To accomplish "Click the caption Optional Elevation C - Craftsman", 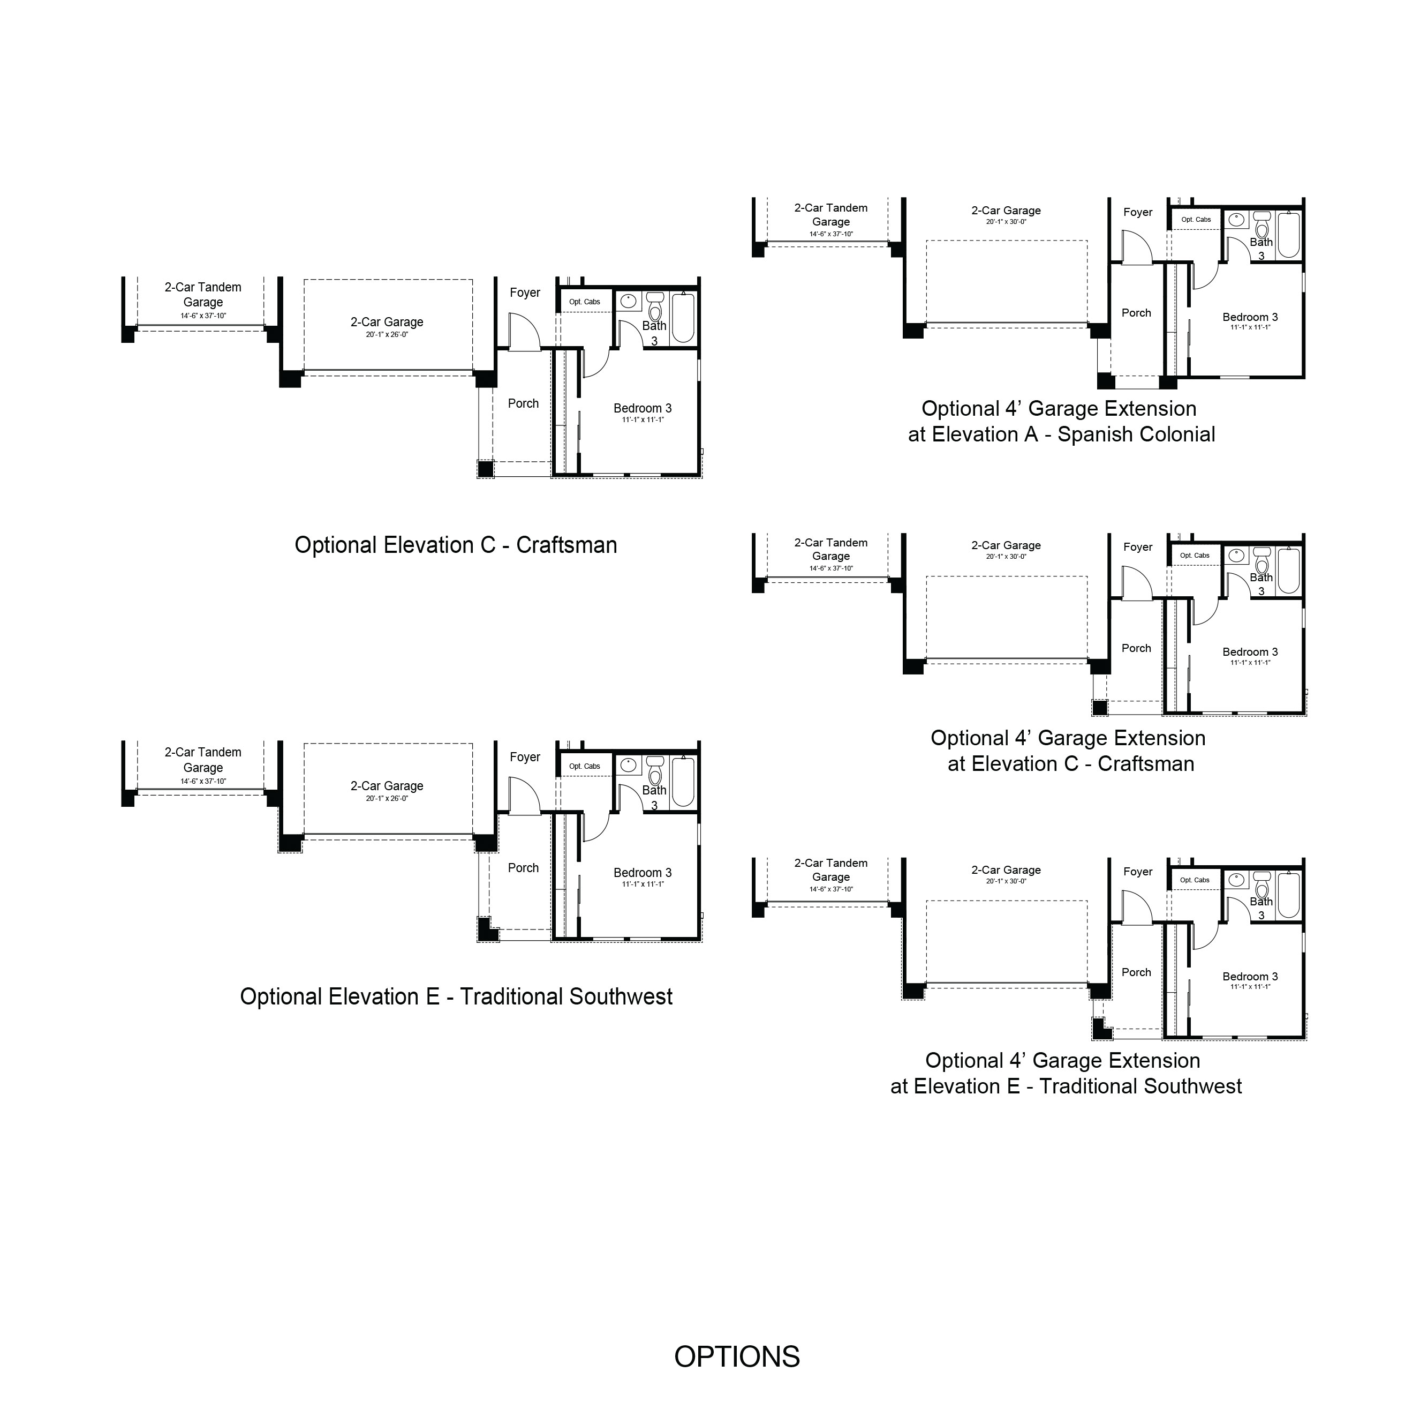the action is (x=456, y=545).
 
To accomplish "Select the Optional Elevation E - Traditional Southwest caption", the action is (x=456, y=996).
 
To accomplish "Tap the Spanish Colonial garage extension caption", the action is (x=1061, y=421).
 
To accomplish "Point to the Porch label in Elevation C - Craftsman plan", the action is (x=523, y=404).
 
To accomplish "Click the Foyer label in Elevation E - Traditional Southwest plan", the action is (x=525, y=758).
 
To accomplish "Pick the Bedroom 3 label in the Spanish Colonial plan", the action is (x=1250, y=317).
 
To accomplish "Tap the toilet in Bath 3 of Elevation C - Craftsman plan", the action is (x=655, y=306).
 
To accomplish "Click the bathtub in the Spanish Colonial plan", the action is (x=1289, y=235).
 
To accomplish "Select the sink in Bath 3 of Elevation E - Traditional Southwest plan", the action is (x=629, y=765).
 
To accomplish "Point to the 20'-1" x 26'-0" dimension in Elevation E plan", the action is (x=387, y=799).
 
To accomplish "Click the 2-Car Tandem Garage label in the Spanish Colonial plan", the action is (x=830, y=215).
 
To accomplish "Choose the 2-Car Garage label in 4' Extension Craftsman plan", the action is (x=1006, y=545).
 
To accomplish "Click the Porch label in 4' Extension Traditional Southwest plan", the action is (x=1136, y=972).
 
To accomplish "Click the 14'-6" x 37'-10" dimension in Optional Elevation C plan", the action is (x=203, y=316).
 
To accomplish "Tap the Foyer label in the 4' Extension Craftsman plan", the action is (x=1138, y=547).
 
